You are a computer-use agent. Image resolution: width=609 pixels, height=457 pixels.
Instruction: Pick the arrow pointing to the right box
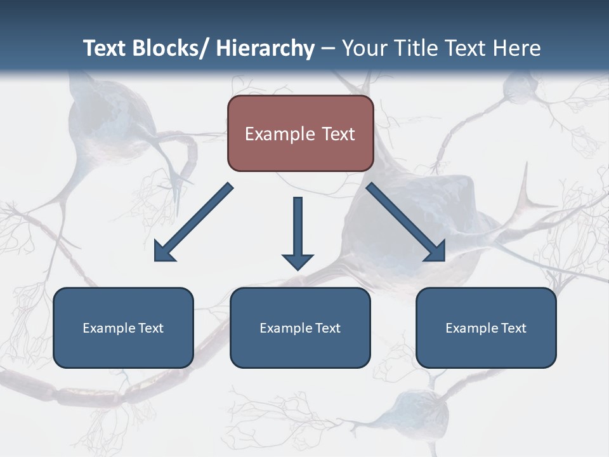pos(406,222)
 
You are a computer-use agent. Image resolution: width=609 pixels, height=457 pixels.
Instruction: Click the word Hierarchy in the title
pos(265,48)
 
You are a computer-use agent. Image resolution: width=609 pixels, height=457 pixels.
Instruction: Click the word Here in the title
pos(516,48)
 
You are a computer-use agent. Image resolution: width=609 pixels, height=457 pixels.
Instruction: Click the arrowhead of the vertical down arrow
pos(298,261)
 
